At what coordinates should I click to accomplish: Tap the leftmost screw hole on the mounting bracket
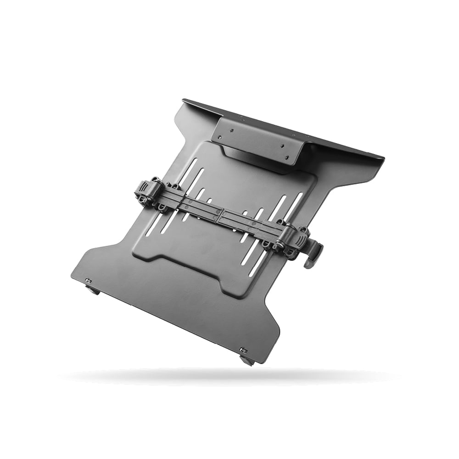click(x=219, y=137)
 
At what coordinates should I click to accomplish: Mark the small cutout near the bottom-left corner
click(x=88, y=280)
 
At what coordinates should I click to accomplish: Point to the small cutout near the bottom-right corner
click(x=243, y=351)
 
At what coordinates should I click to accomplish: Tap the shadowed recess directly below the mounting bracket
click(x=257, y=163)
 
